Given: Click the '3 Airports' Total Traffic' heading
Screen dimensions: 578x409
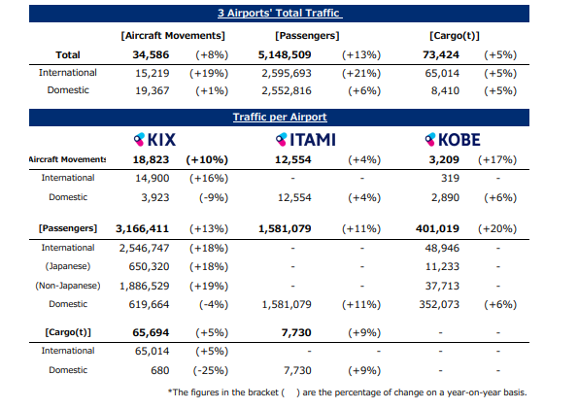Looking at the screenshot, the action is (280, 14).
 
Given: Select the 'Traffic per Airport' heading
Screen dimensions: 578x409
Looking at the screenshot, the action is (280, 118).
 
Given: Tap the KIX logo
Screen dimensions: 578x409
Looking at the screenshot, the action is (154, 140).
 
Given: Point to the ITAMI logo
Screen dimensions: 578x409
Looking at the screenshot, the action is (306, 140).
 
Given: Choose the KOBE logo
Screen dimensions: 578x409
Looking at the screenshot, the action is (453, 140).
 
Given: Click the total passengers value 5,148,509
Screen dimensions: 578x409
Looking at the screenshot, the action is (285, 55).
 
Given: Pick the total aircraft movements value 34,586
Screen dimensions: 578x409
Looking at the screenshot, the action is (151, 55).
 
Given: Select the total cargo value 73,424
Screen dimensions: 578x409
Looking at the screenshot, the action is (441, 55).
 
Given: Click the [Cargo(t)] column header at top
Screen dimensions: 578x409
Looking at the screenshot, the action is (455, 36).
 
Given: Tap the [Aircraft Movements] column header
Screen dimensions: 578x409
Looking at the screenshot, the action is (173, 36).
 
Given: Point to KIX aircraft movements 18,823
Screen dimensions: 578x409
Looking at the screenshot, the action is (151, 159).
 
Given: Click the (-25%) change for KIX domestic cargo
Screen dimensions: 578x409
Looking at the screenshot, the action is (211, 370).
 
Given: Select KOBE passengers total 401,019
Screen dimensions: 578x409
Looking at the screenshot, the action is (437, 228).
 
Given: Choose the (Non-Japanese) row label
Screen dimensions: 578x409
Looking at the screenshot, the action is (68, 286).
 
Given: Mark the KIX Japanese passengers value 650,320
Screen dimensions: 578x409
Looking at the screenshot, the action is (149, 266).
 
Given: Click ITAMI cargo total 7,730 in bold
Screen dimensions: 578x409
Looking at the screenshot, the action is (296, 332).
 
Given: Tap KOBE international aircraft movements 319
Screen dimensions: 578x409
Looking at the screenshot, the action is (450, 178).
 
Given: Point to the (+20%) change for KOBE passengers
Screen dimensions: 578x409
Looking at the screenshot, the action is (497, 228).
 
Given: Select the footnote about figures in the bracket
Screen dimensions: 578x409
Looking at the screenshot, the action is (347, 392).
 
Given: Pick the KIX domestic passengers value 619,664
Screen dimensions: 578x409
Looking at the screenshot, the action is (149, 304).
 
